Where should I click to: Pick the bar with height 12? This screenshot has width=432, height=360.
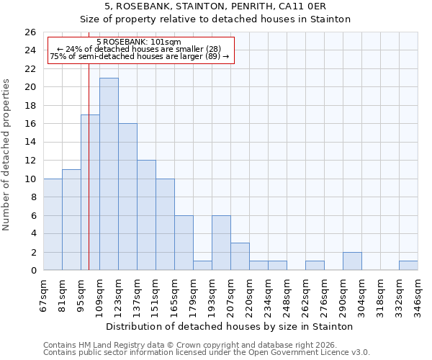pos(146,215)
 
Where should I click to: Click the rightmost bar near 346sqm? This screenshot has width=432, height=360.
pos(408,266)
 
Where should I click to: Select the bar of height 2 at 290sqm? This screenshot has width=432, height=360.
pos(352,261)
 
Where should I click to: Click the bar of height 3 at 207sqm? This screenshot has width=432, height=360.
pos(240,257)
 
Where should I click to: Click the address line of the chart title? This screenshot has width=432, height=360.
pos(215,6)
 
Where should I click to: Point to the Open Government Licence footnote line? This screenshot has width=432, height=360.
pos(206,353)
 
